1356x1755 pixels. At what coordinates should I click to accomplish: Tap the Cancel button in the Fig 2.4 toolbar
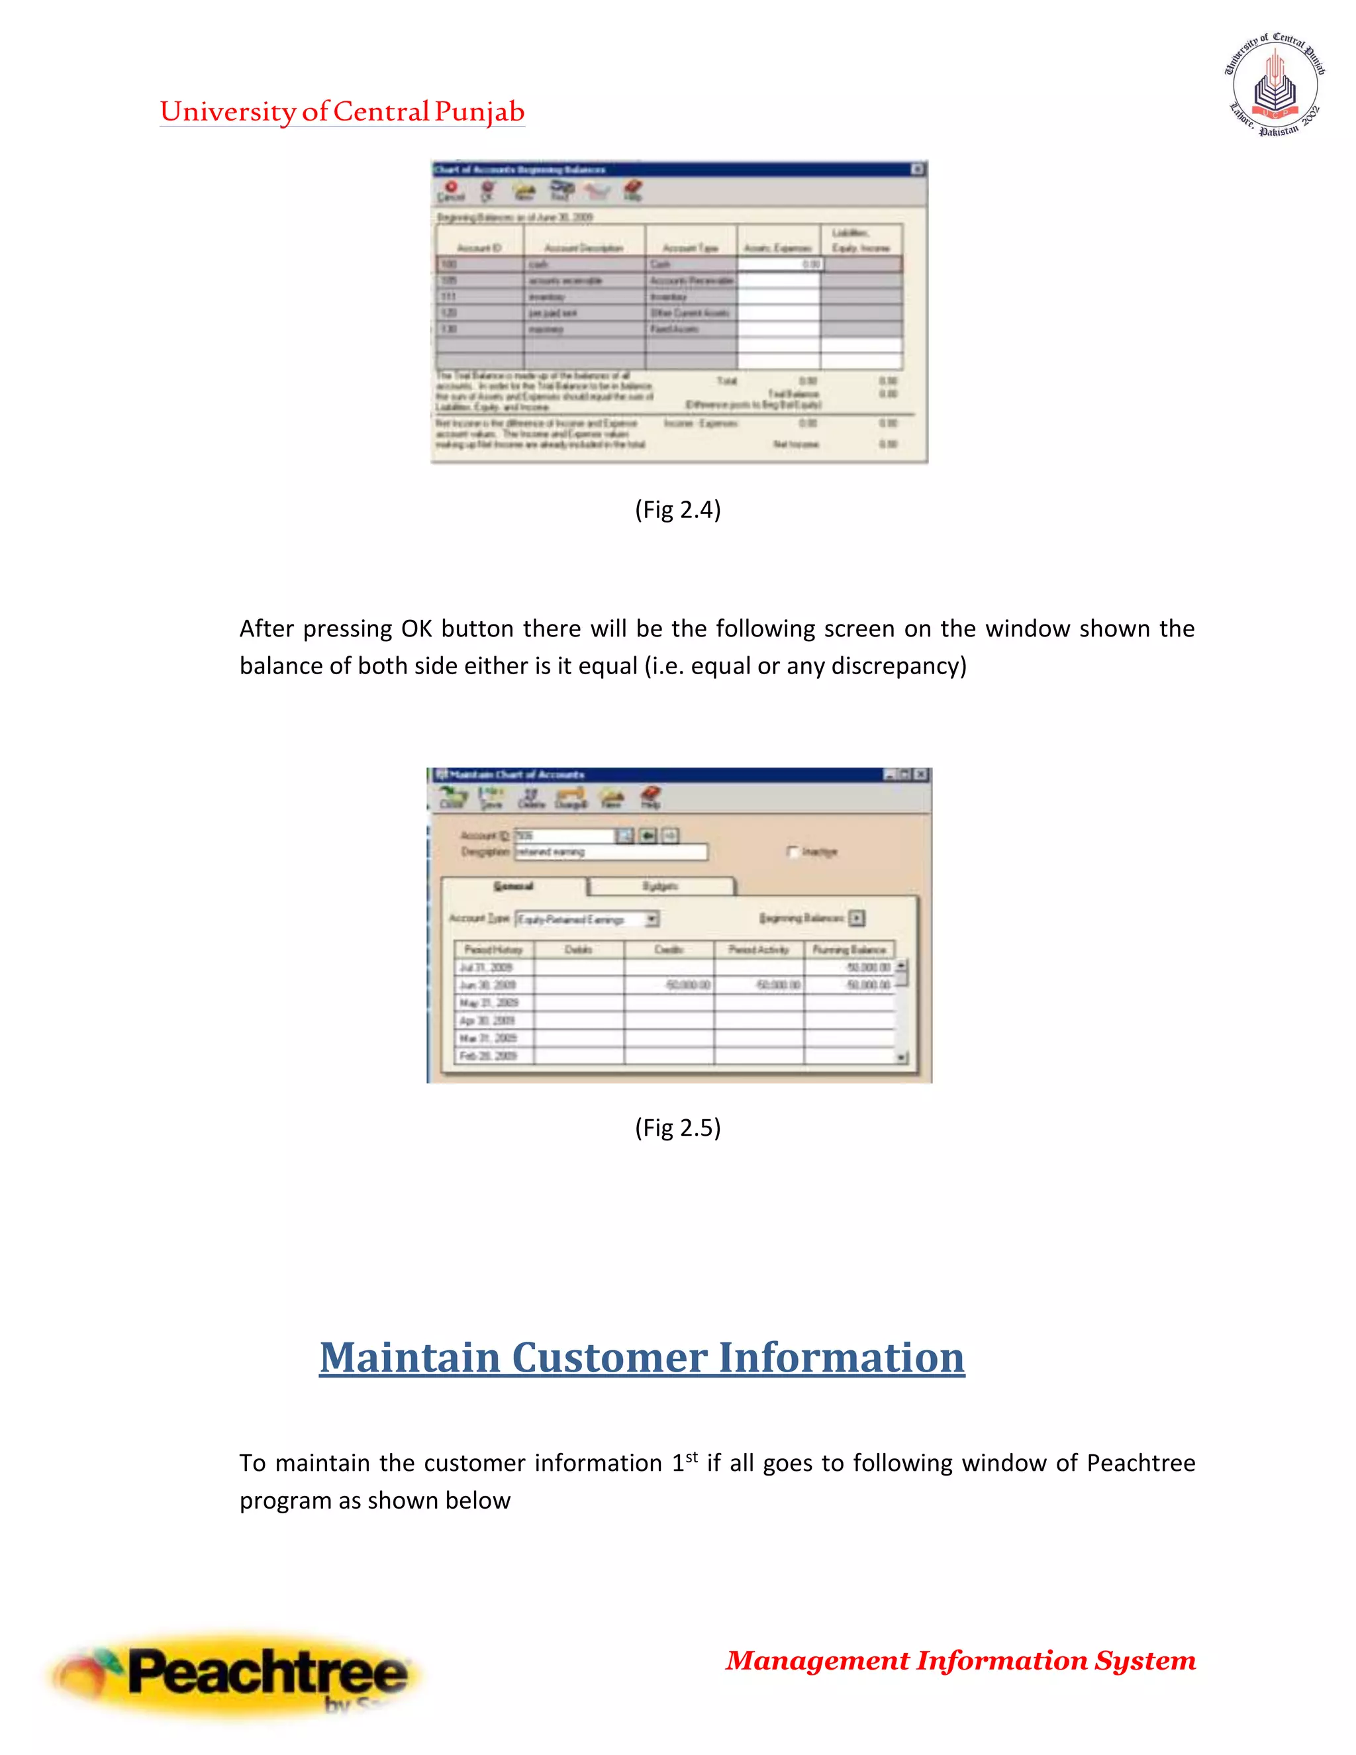(x=451, y=191)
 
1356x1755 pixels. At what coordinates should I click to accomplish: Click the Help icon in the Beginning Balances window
(x=633, y=191)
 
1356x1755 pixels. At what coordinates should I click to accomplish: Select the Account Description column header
(x=583, y=248)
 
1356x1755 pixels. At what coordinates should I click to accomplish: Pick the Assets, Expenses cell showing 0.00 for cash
(x=779, y=264)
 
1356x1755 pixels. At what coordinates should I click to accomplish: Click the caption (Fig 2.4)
(x=677, y=509)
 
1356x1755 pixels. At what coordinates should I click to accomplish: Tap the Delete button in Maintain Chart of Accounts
(x=531, y=798)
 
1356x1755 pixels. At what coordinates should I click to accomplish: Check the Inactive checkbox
(x=793, y=852)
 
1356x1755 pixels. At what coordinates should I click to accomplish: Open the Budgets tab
(x=660, y=885)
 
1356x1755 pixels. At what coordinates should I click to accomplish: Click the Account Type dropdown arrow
(x=652, y=919)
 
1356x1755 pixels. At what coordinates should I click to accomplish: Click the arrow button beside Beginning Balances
(x=857, y=918)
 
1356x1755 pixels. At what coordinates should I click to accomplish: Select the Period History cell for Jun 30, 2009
(x=493, y=985)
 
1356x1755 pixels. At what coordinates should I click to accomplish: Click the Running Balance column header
(x=849, y=950)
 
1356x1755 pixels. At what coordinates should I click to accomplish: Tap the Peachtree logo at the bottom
(x=233, y=1676)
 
